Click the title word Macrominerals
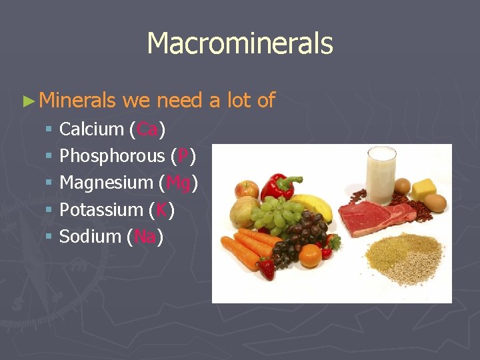click(x=240, y=44)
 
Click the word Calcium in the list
click(x=91, y=129)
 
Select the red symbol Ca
click(x=147, y=129)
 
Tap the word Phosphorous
click(x=112, y=156)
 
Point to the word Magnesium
click(x=106, y=183)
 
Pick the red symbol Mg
click(x=178, y=183)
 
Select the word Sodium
click(x=90, y=236)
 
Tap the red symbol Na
click(x=145, y=236)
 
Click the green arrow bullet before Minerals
click(x=28, y=101)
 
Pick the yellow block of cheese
click(x=423, y=188)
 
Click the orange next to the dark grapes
click(x=310, y=255)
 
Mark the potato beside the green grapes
click(x=244, y=211)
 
